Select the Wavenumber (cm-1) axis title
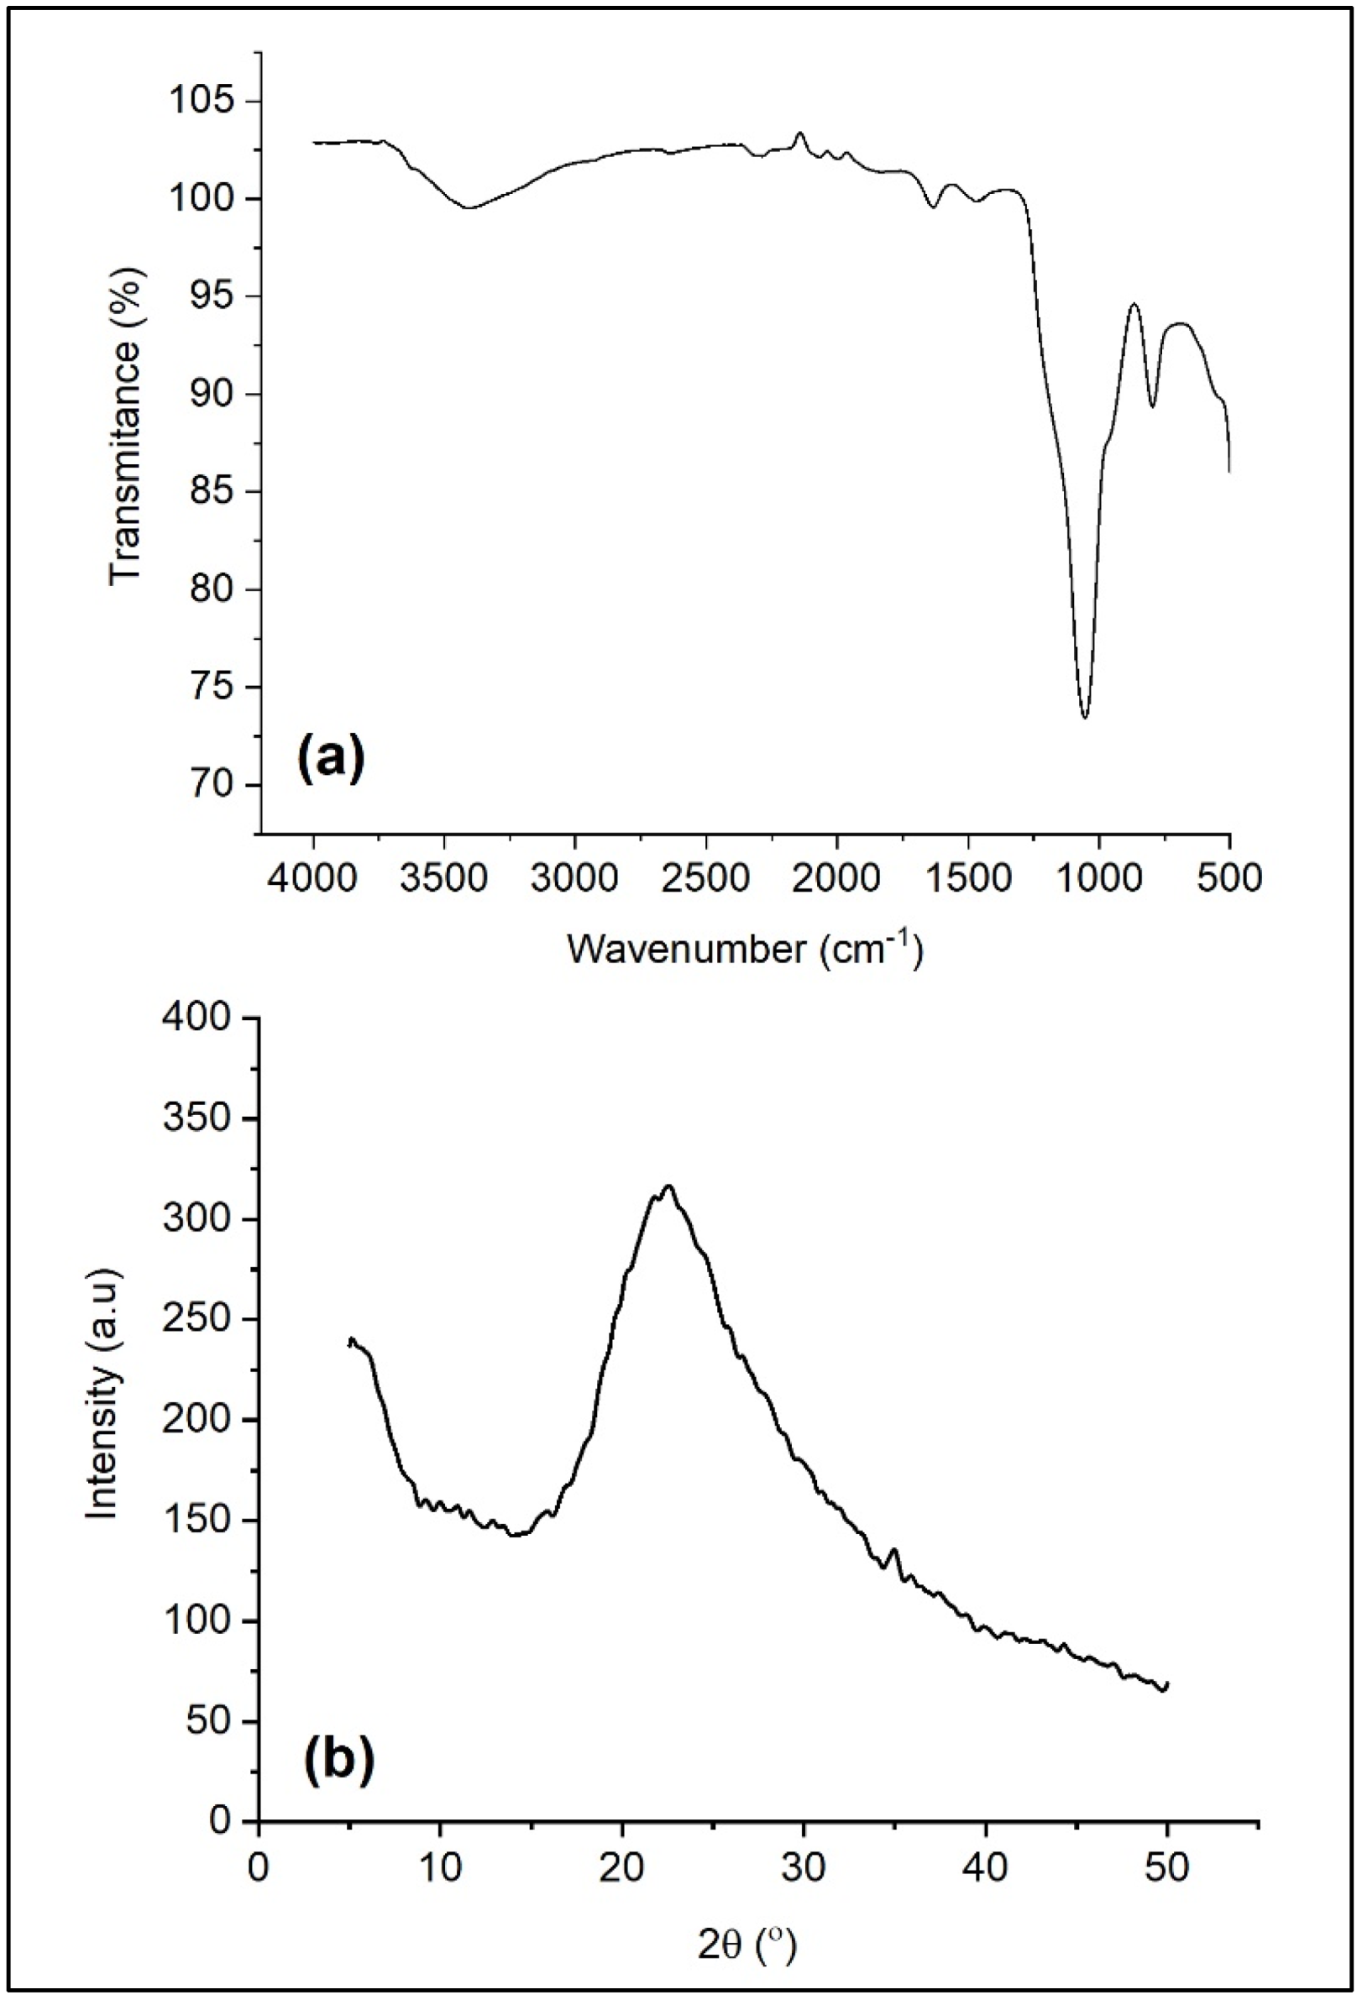point(745,950)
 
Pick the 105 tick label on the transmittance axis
point(202,102)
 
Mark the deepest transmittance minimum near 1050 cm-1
point(1085,717)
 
